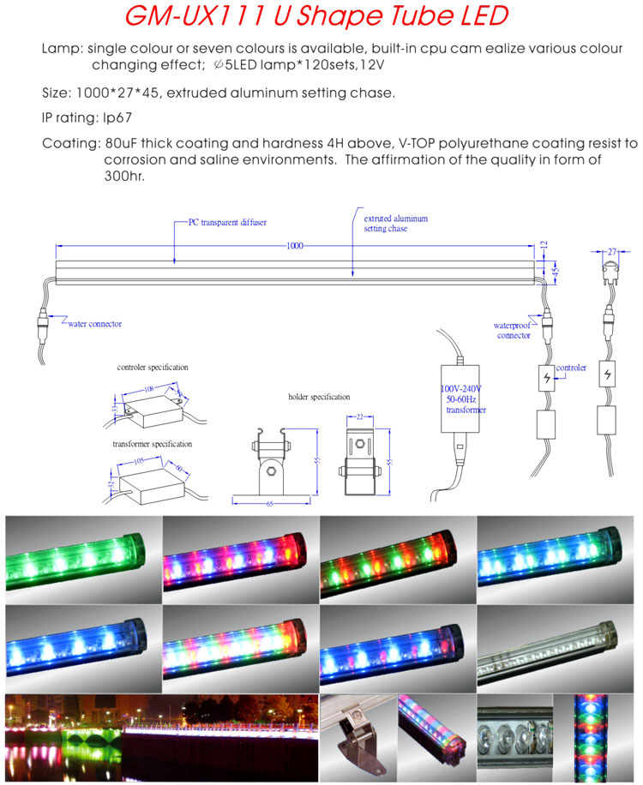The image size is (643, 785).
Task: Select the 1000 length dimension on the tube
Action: click(295, 246)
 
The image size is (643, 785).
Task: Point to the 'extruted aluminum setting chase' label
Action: click(395, 224)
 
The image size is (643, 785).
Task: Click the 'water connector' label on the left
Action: click(94, 324)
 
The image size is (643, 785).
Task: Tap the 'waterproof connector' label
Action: click(514, 331)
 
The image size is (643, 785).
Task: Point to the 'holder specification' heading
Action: click(319, 398)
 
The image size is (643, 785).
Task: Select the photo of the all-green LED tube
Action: click(82, 560)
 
